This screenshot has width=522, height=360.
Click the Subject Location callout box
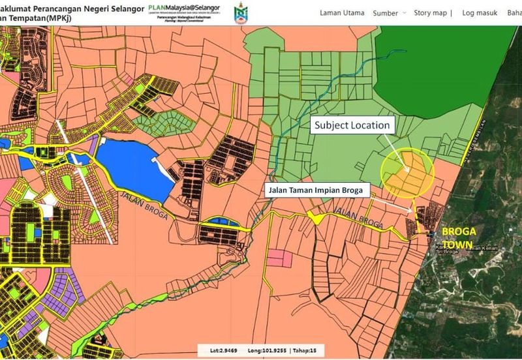coord(352,125)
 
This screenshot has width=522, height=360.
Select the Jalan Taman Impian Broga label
coord(317,190)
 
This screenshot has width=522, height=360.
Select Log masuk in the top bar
coord(479,13)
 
